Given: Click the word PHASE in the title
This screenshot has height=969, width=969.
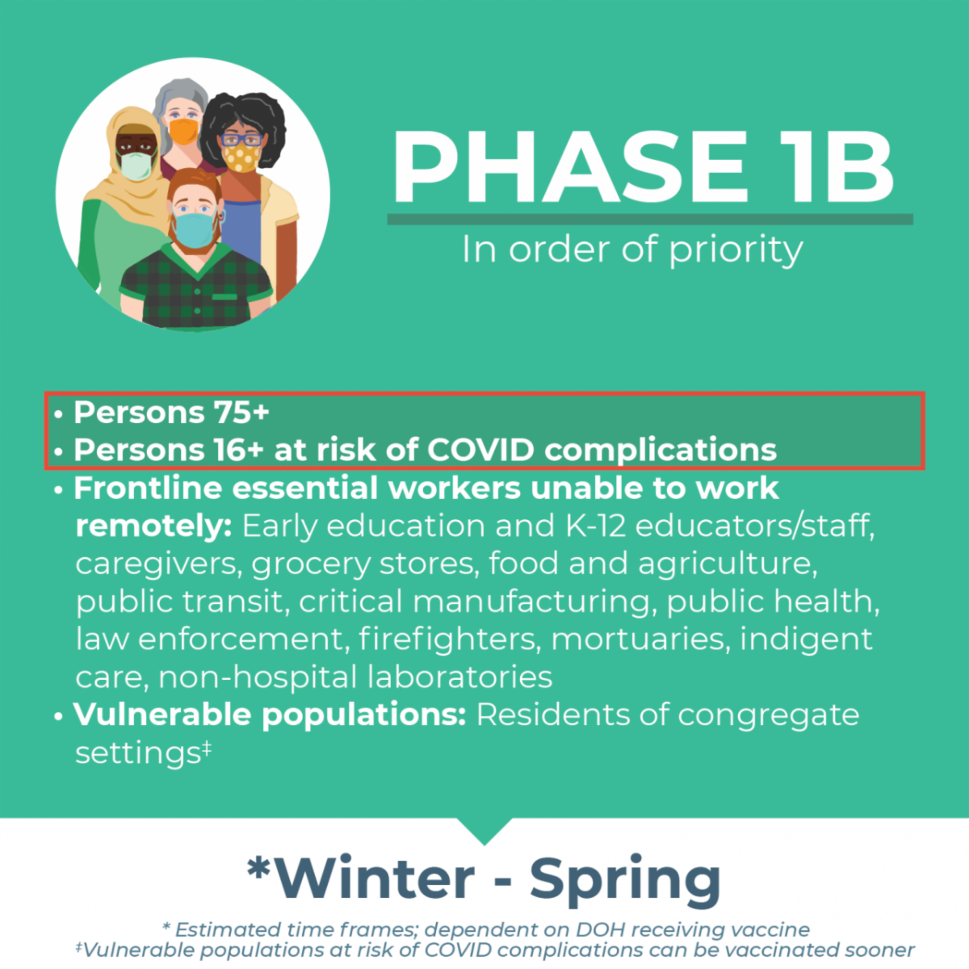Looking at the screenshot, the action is (x=569, y=166).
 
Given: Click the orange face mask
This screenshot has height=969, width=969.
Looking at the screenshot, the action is (x=183, y=132).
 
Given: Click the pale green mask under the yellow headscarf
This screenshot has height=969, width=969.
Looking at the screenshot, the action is (x=136, y=166).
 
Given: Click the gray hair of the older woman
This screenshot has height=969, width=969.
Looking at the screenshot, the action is (x=179, y=101).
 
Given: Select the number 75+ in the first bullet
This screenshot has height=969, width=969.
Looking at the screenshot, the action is (x=242, y=413).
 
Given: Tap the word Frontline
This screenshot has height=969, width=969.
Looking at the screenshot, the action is (x=148, y=488).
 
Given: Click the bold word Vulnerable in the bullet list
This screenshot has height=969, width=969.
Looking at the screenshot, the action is (x=162, y=715).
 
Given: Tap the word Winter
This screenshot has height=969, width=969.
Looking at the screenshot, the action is (x=375, y=879).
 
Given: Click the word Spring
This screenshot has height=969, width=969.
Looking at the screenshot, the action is (x=626, y=884).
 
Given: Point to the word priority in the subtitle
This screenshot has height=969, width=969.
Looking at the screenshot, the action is (x=736, y=250).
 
